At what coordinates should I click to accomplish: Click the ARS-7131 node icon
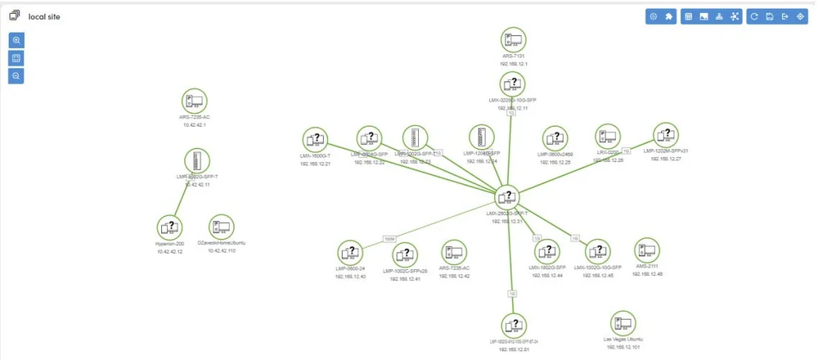513,39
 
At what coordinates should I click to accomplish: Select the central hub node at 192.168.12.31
508,197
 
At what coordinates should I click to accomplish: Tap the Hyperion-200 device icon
169,227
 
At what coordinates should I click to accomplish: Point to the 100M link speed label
389,238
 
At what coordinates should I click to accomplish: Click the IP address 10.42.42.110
221,251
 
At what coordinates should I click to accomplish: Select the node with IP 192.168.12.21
315,139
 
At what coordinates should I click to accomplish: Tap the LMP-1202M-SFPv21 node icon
665,134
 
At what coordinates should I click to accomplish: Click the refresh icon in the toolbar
754,16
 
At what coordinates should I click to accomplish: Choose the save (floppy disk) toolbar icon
770,16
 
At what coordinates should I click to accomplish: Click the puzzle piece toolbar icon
668,16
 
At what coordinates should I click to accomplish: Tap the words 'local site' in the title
43,16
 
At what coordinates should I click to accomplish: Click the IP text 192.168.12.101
623,348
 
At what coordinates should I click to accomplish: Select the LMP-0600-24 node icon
350,252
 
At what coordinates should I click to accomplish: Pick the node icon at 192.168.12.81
514,325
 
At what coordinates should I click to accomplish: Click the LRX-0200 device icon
607,136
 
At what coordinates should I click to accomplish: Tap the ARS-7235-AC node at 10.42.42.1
195,101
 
